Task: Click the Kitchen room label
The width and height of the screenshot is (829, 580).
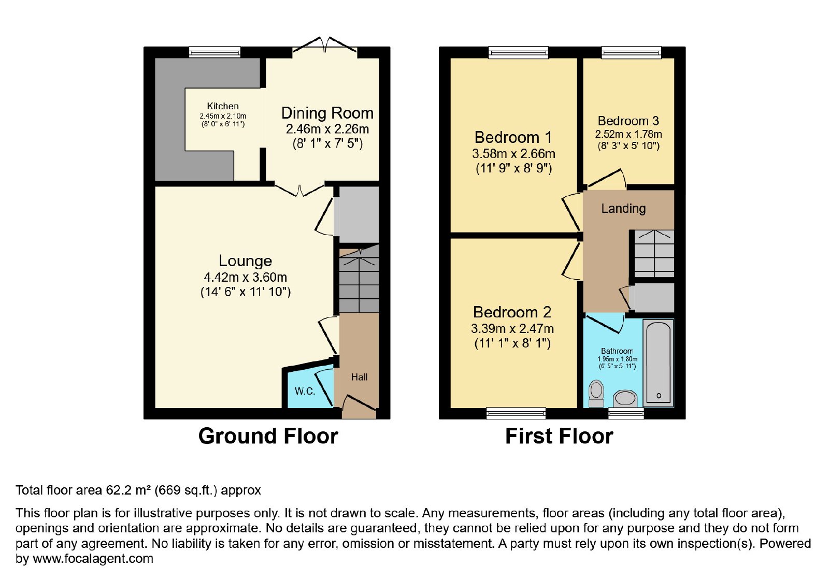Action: (223, 106)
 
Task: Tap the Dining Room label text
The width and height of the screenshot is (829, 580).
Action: (327, 113)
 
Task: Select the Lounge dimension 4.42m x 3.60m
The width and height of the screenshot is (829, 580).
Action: (246, 277)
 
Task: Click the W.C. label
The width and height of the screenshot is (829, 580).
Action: (305, 391)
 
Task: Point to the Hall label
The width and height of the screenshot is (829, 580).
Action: (359, 377)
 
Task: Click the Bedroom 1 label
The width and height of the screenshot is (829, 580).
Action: (513, 138)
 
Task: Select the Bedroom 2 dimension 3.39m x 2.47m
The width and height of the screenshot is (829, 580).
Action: (512, 328)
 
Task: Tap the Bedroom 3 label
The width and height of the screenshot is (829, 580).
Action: (628, 121)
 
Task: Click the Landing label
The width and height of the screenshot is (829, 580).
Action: (623, 209)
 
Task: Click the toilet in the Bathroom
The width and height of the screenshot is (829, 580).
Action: (596, 394)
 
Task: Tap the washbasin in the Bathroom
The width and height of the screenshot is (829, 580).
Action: (625, 399)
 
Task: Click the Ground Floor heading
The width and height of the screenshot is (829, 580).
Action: (268, 436)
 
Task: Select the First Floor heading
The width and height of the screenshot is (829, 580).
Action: (559, 436)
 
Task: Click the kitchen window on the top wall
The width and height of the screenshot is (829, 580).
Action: (215, 52)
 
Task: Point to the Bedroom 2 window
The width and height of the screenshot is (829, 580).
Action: (516, 414)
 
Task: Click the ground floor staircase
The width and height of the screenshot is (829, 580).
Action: (359, 280)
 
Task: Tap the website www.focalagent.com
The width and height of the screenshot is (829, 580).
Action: (93, 558)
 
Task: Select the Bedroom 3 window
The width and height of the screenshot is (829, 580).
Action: (632, 52)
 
